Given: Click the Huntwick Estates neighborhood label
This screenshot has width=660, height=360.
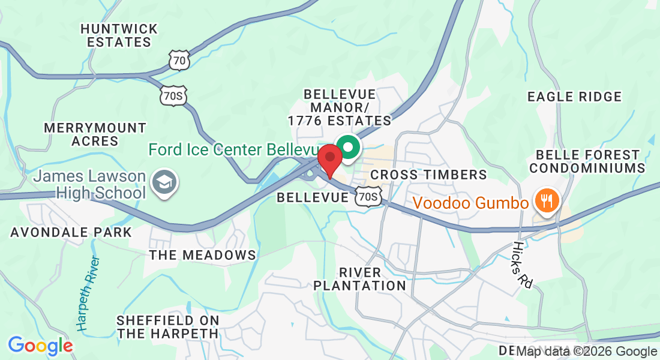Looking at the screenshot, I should (119, 35).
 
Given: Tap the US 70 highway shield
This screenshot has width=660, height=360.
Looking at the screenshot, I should (179, 60).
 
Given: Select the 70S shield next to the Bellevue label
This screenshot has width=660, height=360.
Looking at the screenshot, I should (367, 197).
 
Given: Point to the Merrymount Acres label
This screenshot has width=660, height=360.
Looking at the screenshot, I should (95, 134).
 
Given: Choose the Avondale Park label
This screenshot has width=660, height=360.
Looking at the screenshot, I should (71, 232).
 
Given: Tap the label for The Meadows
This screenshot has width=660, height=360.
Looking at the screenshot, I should (203, 255).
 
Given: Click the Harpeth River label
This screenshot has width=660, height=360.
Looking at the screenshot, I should (89, 293).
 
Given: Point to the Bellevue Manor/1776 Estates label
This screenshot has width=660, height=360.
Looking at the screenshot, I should (340, 107).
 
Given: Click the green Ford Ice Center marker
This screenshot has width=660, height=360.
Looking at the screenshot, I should (347, 146).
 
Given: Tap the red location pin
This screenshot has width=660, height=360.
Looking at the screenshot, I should (329, 158).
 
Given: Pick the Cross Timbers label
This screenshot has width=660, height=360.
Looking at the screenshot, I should (428, 175).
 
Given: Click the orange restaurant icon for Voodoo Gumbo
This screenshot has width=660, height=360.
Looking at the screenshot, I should (546, 201).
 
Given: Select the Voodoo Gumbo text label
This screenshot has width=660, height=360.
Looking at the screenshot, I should (471, 203).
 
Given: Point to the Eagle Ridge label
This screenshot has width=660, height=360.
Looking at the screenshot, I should (574, 97).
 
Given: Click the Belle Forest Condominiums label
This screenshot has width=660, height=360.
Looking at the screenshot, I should (587, 161).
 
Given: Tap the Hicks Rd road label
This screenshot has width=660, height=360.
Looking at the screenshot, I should (522, 265).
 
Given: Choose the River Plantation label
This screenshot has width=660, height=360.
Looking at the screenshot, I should (360, 279).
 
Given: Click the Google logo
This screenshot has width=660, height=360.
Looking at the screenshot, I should (40, 346).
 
